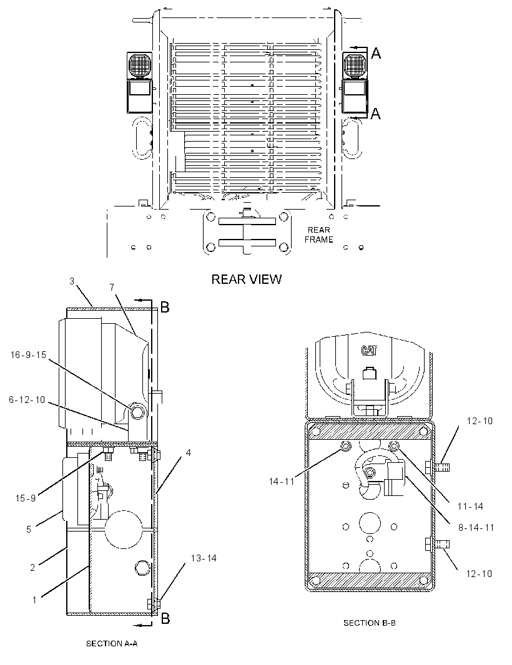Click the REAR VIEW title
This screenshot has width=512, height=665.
click(x=246, y=279)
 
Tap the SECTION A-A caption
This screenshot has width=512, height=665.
click(x=112, y=643)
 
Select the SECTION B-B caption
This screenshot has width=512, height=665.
click(x=370, y=623)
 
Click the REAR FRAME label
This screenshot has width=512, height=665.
click(x=319, y=235)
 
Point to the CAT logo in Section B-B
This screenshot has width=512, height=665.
click(x=369, y=351)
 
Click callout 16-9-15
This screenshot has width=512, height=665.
click(x=29, y=355)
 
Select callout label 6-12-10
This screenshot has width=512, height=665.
click(x=27, y=400)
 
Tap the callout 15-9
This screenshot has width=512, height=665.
click(x=26, y=498)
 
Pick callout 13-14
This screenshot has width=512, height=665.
click(x=204, y=558)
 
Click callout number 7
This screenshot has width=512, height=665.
click(x=112, y=288)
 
